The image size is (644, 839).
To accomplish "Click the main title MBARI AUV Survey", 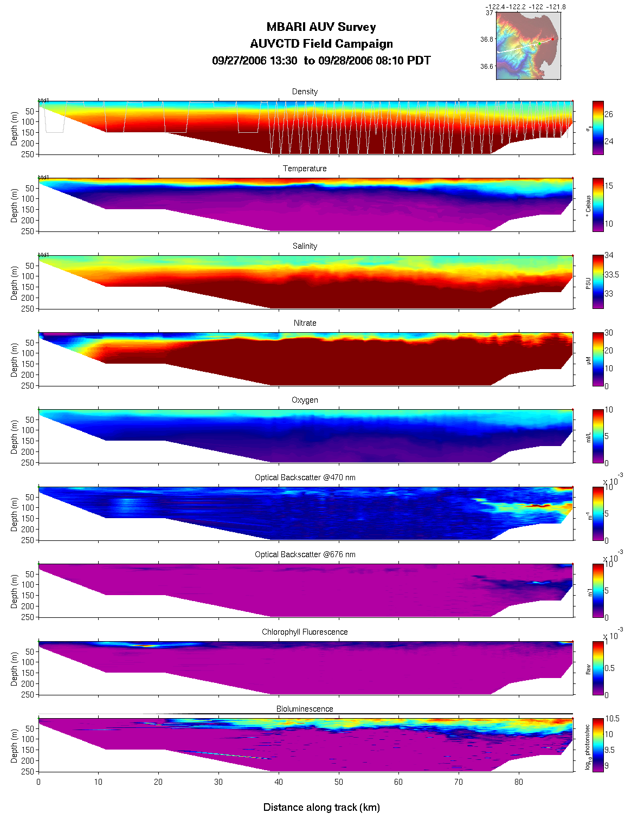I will click(321, 27).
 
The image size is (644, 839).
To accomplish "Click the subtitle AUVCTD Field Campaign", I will click(321, 44).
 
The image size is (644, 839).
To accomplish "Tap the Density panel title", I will click(305, 92).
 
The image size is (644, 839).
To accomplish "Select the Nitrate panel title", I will click(305, 323).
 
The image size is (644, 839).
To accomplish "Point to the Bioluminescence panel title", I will click(305, 709).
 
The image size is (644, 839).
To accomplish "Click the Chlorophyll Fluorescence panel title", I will click(305, 632).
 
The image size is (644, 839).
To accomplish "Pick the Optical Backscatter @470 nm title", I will click(305, 477).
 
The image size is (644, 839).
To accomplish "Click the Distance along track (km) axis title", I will click(321, 808).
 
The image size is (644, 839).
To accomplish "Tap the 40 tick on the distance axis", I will click(279, 782).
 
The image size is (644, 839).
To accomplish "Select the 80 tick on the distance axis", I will click(519, 782).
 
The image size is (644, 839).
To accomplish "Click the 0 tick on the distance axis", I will click(38, 782).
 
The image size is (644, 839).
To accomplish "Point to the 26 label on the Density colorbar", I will click(609, 114).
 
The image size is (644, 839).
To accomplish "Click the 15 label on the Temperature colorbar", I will click(609, 186).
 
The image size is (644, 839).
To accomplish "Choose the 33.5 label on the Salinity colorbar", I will click(611, 275).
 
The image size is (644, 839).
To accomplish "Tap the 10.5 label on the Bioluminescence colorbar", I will click(613, 719).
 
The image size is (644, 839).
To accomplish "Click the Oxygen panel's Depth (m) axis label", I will click(15, 437).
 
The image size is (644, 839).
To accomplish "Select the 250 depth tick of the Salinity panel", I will click(30, 308).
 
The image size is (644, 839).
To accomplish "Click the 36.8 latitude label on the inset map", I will click(487, 40).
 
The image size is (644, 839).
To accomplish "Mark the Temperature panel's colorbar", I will click(598, 204).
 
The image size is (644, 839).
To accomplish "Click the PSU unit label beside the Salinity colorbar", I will click(588, 283).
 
